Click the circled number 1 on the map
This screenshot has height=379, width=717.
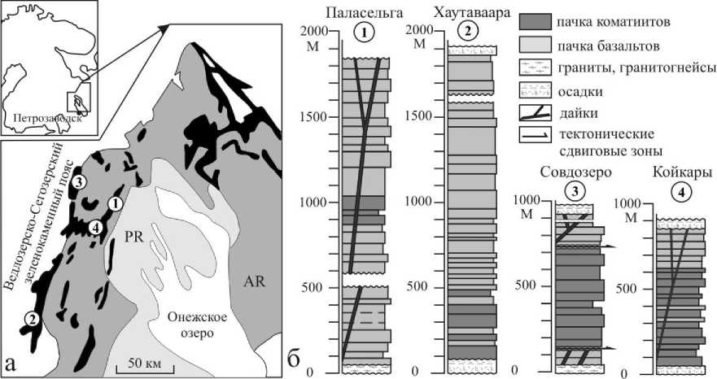[x=116, y=203]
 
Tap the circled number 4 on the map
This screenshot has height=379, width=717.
[x=97, y=229]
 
